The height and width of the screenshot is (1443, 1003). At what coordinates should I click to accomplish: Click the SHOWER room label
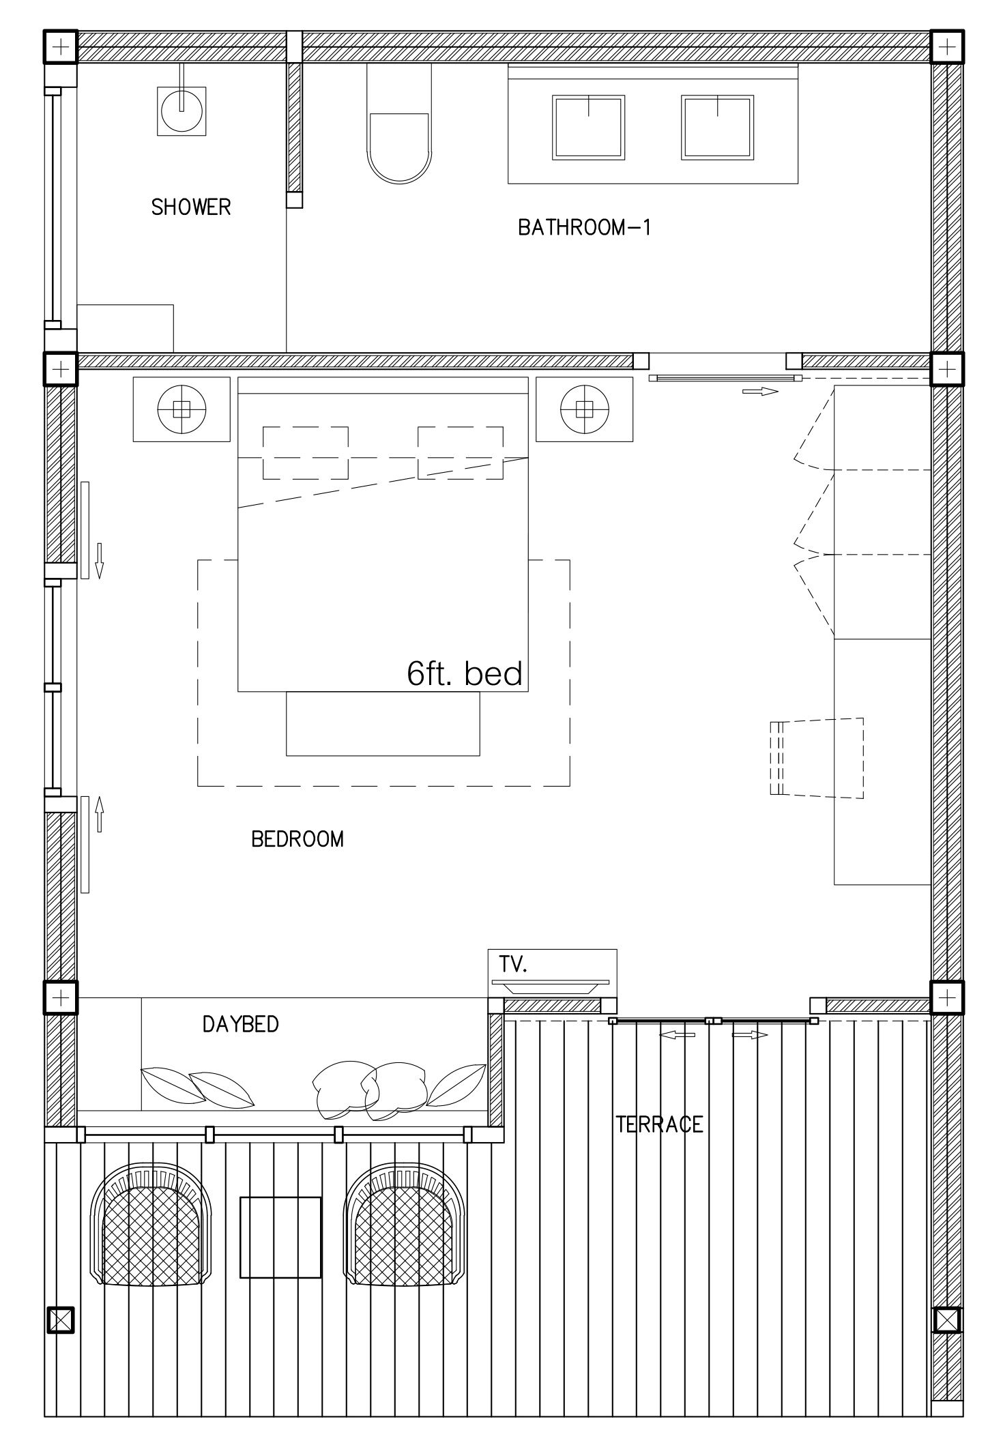pyautogui.click(x=191, y=207)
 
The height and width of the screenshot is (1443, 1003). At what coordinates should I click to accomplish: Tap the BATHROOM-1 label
pyautogui.click(x=585, y=227)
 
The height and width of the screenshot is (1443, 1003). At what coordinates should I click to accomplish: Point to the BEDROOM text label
pyautogui.click(x=297, y=839)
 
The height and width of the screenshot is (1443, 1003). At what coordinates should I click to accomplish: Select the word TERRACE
pyautogui.click(x=659, y=1124)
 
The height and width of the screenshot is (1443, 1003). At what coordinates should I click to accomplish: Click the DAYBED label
pyautogui.click(x=241, y=1024)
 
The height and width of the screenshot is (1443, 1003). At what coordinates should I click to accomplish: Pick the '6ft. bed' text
pyautogui.click(x=465, y=674)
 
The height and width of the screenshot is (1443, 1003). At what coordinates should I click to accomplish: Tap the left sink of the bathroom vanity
pyautogui.click(x=588, y=128)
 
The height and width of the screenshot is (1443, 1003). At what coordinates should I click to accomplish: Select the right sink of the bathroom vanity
pyautogui.click(x=717, y=128)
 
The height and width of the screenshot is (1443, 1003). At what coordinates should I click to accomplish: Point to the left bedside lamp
pyautogui.click(x=181, y=409)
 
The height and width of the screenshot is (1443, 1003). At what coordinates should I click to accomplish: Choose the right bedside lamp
pyautogui.click(x=584, y=409)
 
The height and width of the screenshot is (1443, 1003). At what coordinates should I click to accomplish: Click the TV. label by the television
pyautogui.click(x=512, y=965)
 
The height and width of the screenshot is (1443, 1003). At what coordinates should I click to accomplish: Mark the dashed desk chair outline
pyautogui.click(x=817, y=757)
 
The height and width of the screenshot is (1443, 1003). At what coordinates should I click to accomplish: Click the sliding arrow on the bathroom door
pyautogui.click(x=760, y=392)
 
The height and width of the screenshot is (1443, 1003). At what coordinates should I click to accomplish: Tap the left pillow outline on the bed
pyautogui.click(x=306, y=452)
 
